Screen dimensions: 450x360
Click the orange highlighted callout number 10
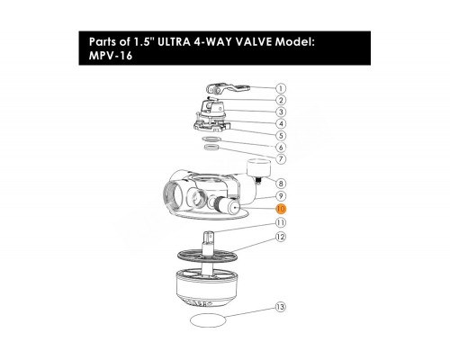(281, 209)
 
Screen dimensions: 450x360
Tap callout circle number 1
(281, 88)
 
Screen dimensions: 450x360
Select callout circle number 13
(280, 307)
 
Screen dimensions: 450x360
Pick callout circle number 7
(281, 158)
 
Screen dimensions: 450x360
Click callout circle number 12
(281, 237)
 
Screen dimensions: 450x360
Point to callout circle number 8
(281, 184)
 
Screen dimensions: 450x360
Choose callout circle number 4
(281, 123)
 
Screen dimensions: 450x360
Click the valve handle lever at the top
(228, 89)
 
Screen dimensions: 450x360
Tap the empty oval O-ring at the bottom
(208, 320)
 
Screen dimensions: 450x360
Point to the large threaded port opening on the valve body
(174, 199)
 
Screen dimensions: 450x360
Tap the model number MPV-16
(111, 56)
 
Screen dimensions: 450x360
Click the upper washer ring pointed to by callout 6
(211, 139)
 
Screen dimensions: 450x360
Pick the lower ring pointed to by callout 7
(211, 148)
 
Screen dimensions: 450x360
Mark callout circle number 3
(281, 112)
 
